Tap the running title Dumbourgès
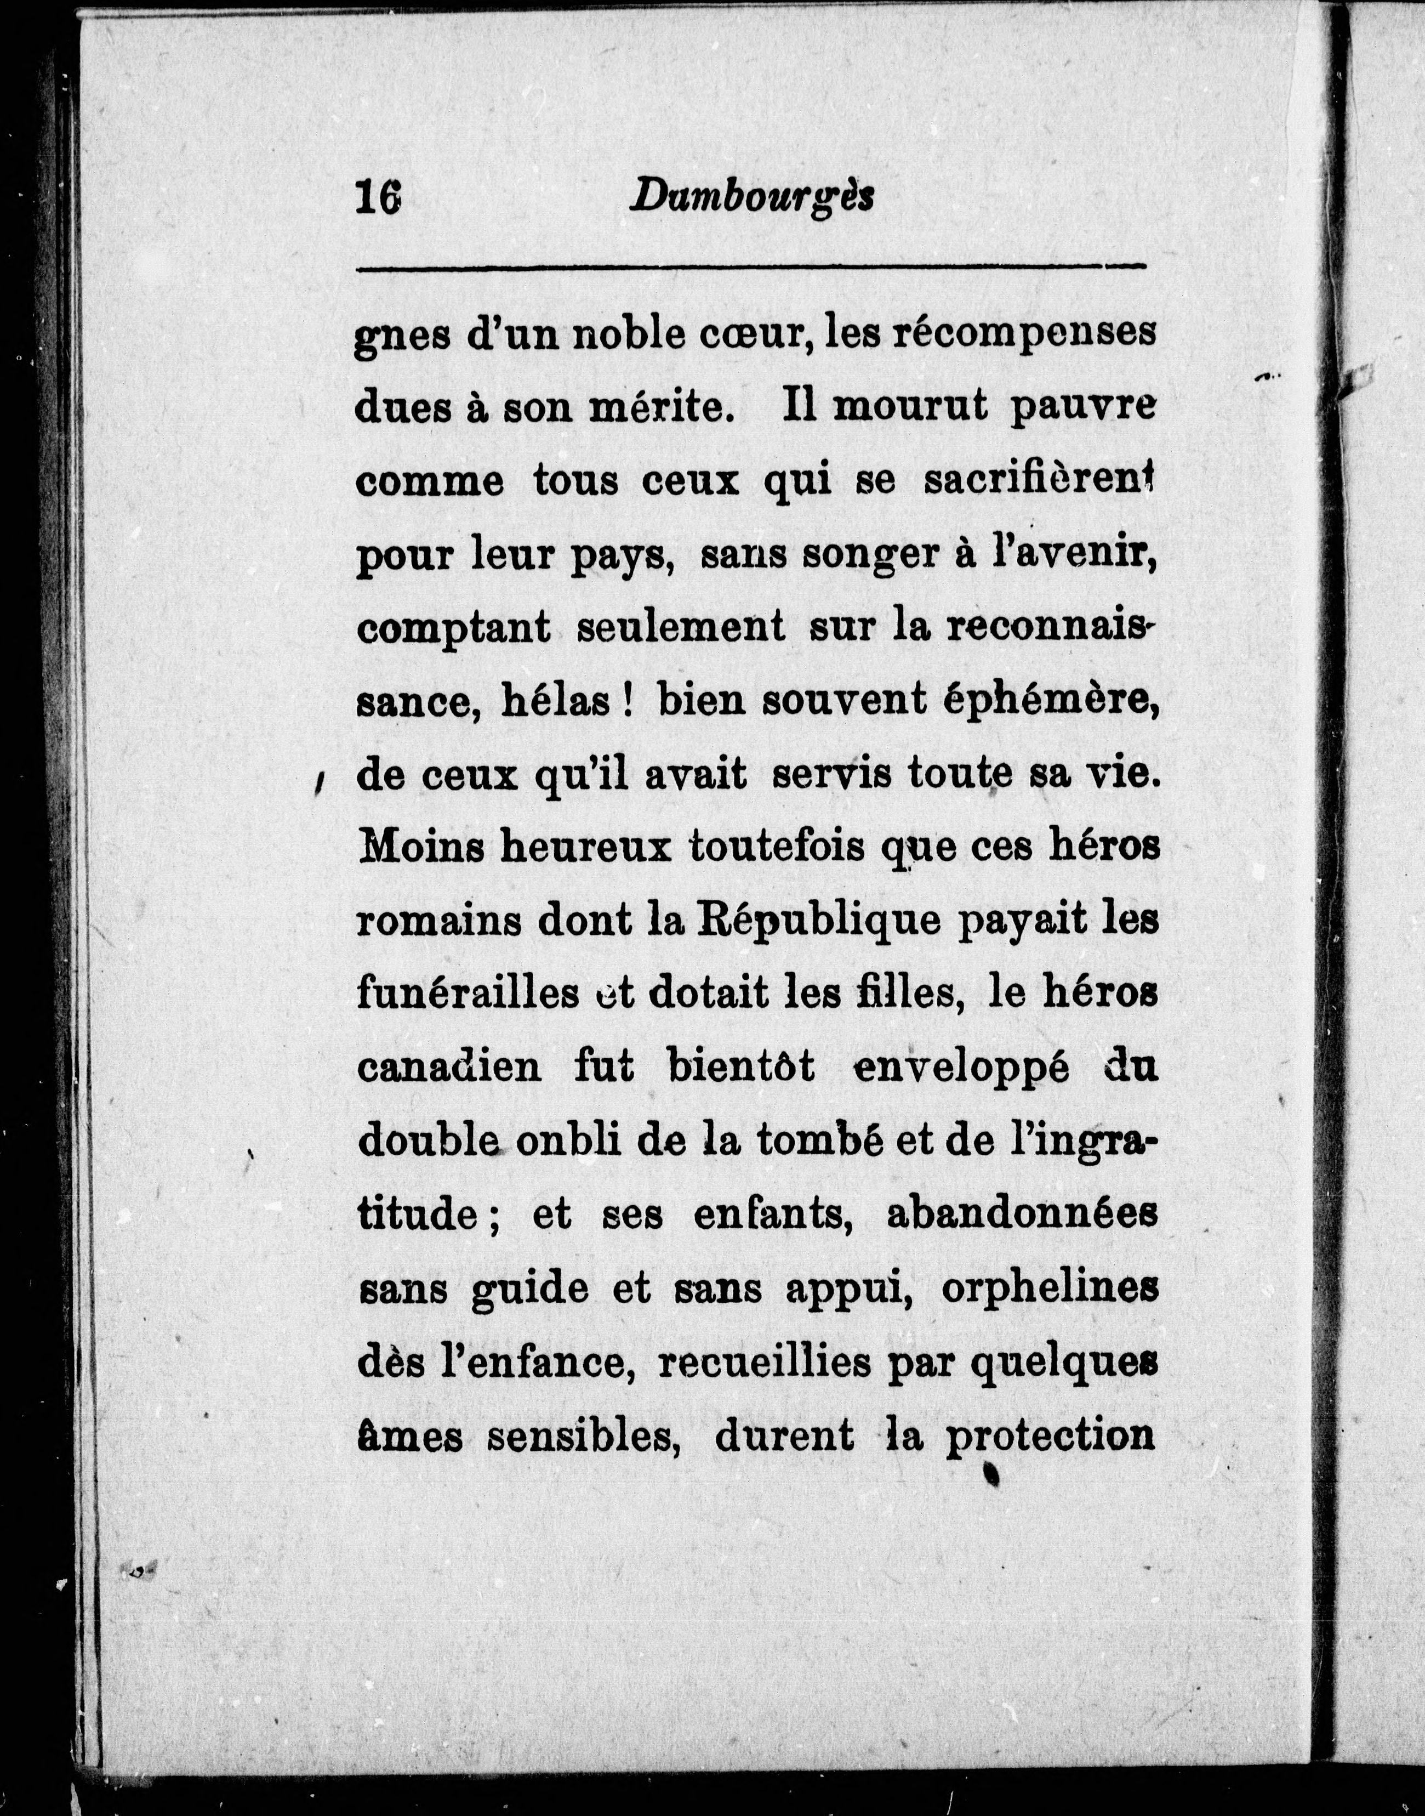pos(753,198)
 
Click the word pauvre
pos(1084,409)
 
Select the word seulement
pos(681,628)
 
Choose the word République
pos(818,923)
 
